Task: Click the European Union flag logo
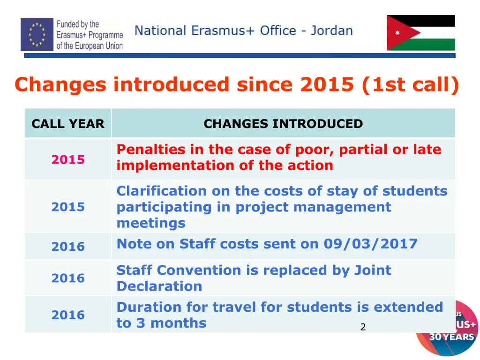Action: click(37, 34)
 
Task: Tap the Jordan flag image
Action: click(420, 33)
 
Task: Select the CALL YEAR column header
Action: click(68, 124)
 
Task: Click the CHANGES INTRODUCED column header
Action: click(283, 124)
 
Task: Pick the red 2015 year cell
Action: click(68, 159)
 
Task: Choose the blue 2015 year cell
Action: click(68, 207)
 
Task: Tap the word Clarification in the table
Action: click(161, 191)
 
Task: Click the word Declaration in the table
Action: click(159, 286)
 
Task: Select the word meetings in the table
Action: click(150, 223)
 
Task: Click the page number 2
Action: click(362, 327)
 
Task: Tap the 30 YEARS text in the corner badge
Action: click(452, 337)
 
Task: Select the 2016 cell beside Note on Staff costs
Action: click(68, 246)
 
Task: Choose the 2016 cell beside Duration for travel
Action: click(68, 315)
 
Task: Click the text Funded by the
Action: click(78, 24)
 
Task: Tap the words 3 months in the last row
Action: click(169, 322)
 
